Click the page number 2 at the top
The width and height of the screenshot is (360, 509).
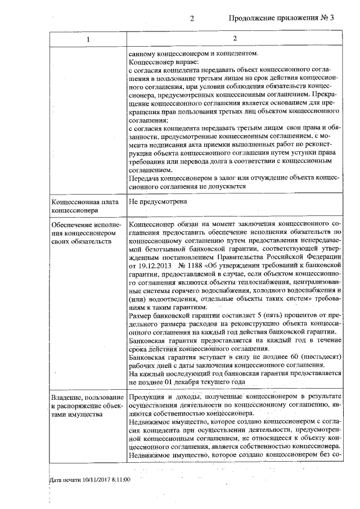pyautogui.click(x=192, y=17)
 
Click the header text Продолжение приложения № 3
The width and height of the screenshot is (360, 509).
pyautogui.click(x=281, y=17)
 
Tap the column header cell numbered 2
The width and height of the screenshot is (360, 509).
pyautogui.click(x=235, y=39)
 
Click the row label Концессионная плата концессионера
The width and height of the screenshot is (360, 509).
pyautogui.click(x=79, y=205)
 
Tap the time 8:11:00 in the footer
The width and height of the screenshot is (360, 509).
pyautogui.click(x=119, y=479)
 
